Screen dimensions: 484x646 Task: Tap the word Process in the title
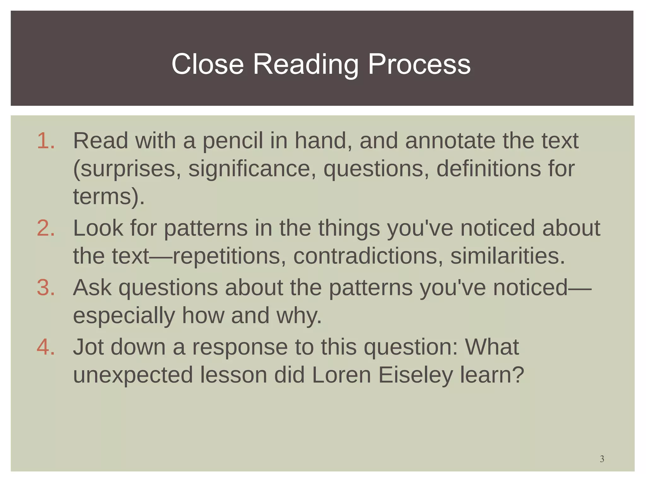click(x=419, y=64)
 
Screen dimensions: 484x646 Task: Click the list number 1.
click(x=45, y=141)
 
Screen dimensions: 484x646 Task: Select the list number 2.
click(x=45, y=228)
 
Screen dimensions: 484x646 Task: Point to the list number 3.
click(x=45, y=287)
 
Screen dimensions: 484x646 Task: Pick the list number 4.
click(x=45, y=347)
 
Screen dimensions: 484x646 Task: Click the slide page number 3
click(x=602, y=459)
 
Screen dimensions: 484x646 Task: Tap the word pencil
click(x=232, y=141)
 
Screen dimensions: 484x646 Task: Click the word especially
click(x=124, y=315)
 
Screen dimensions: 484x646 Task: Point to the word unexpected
click(x=133, y=375)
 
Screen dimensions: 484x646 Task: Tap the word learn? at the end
click(x=492, y=375)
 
